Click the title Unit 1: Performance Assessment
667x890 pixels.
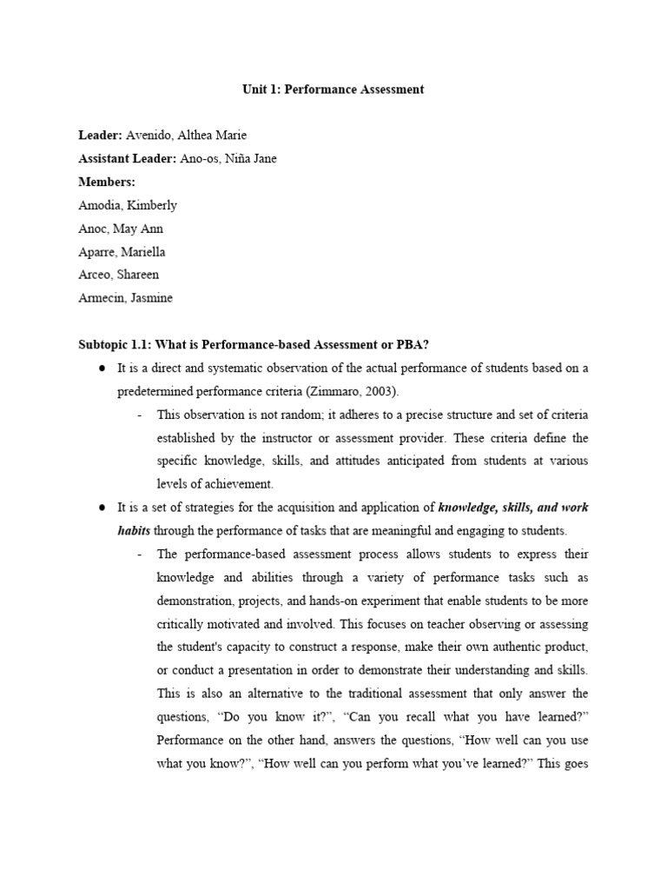point(333,89)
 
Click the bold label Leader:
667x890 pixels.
point(101,135)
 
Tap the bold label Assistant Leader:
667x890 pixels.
point(127,158)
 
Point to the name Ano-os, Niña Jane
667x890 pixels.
point(228,158)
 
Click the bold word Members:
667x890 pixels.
point(108,182)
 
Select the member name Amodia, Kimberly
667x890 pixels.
point(127,205)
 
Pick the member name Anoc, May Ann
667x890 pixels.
point(121,229)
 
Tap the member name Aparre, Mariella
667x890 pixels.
point(122,252)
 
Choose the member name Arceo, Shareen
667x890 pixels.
point(119,275)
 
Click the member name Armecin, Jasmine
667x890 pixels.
point(125,298)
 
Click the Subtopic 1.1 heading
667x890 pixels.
point(254,345)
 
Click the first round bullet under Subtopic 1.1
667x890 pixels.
point(102,369)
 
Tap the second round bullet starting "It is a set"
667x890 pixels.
point(102,508)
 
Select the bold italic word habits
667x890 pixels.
point(134,530)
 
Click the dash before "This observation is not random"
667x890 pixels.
point(140,415)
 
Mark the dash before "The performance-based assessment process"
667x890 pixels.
point(140,554)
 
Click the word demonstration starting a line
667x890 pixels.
point(193,601)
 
